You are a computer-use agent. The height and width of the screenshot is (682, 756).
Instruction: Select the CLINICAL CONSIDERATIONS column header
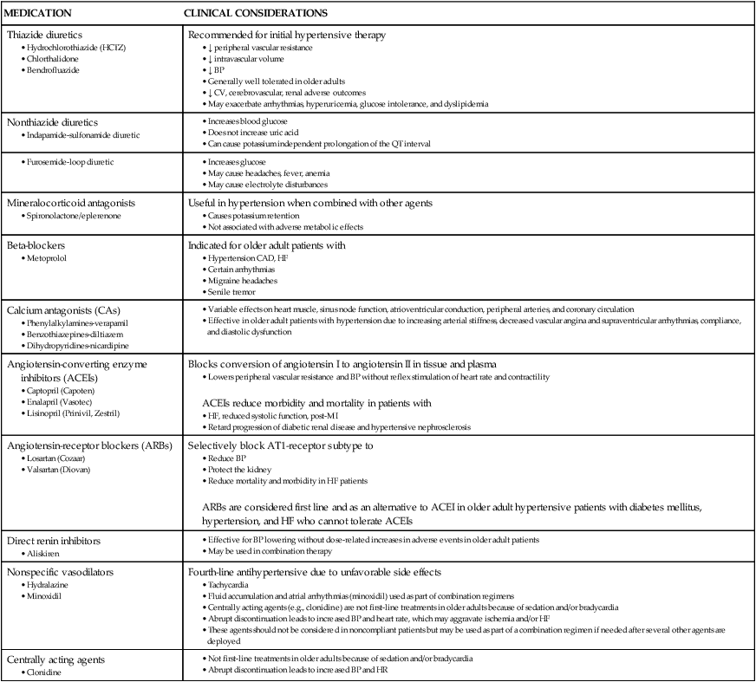(x=254, y=16)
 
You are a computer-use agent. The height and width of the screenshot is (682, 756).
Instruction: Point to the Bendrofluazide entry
(x=62, y=69)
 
